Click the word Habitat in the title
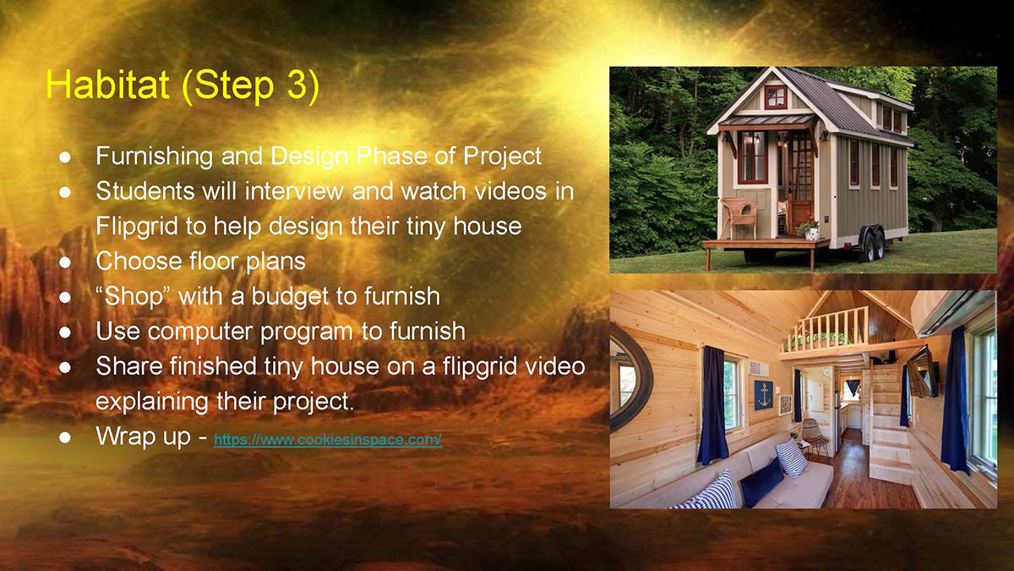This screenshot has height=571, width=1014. coord(108,85)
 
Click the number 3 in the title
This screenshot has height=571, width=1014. coord(297,85)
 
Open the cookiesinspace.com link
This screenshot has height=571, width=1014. coord(327,440)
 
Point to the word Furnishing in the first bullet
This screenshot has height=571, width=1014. coord(155,156)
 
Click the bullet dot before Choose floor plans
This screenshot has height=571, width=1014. coord(65,262)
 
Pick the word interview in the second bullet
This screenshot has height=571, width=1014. coord(294,191)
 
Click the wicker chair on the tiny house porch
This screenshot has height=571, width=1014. coord(739,217)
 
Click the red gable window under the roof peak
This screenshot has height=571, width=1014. coord(776,97)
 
